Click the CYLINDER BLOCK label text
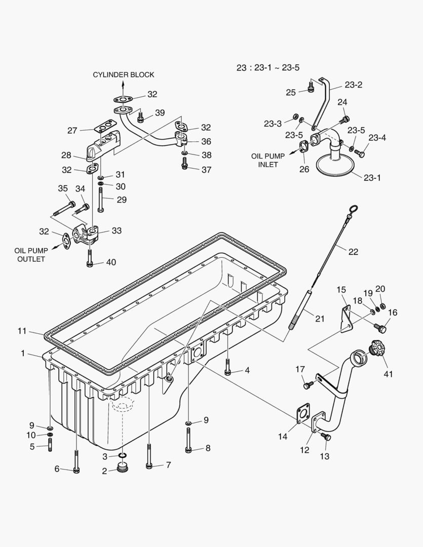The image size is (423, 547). pos(123,74)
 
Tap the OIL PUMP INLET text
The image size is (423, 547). pos(268,161)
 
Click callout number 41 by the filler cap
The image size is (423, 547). pos(388,374)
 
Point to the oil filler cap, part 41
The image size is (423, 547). pos(377,348)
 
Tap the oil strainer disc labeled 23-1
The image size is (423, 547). pos(334,166)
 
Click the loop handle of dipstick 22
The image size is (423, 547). pos(354,209)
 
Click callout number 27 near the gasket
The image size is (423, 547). pos(72,131)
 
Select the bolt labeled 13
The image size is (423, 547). pos(327,437)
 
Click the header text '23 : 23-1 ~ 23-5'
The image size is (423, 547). pos(268,67)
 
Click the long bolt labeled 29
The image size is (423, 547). pos(101,199)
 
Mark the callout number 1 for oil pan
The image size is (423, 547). pos(23,353)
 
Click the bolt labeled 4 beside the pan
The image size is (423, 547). pos(228,371)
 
